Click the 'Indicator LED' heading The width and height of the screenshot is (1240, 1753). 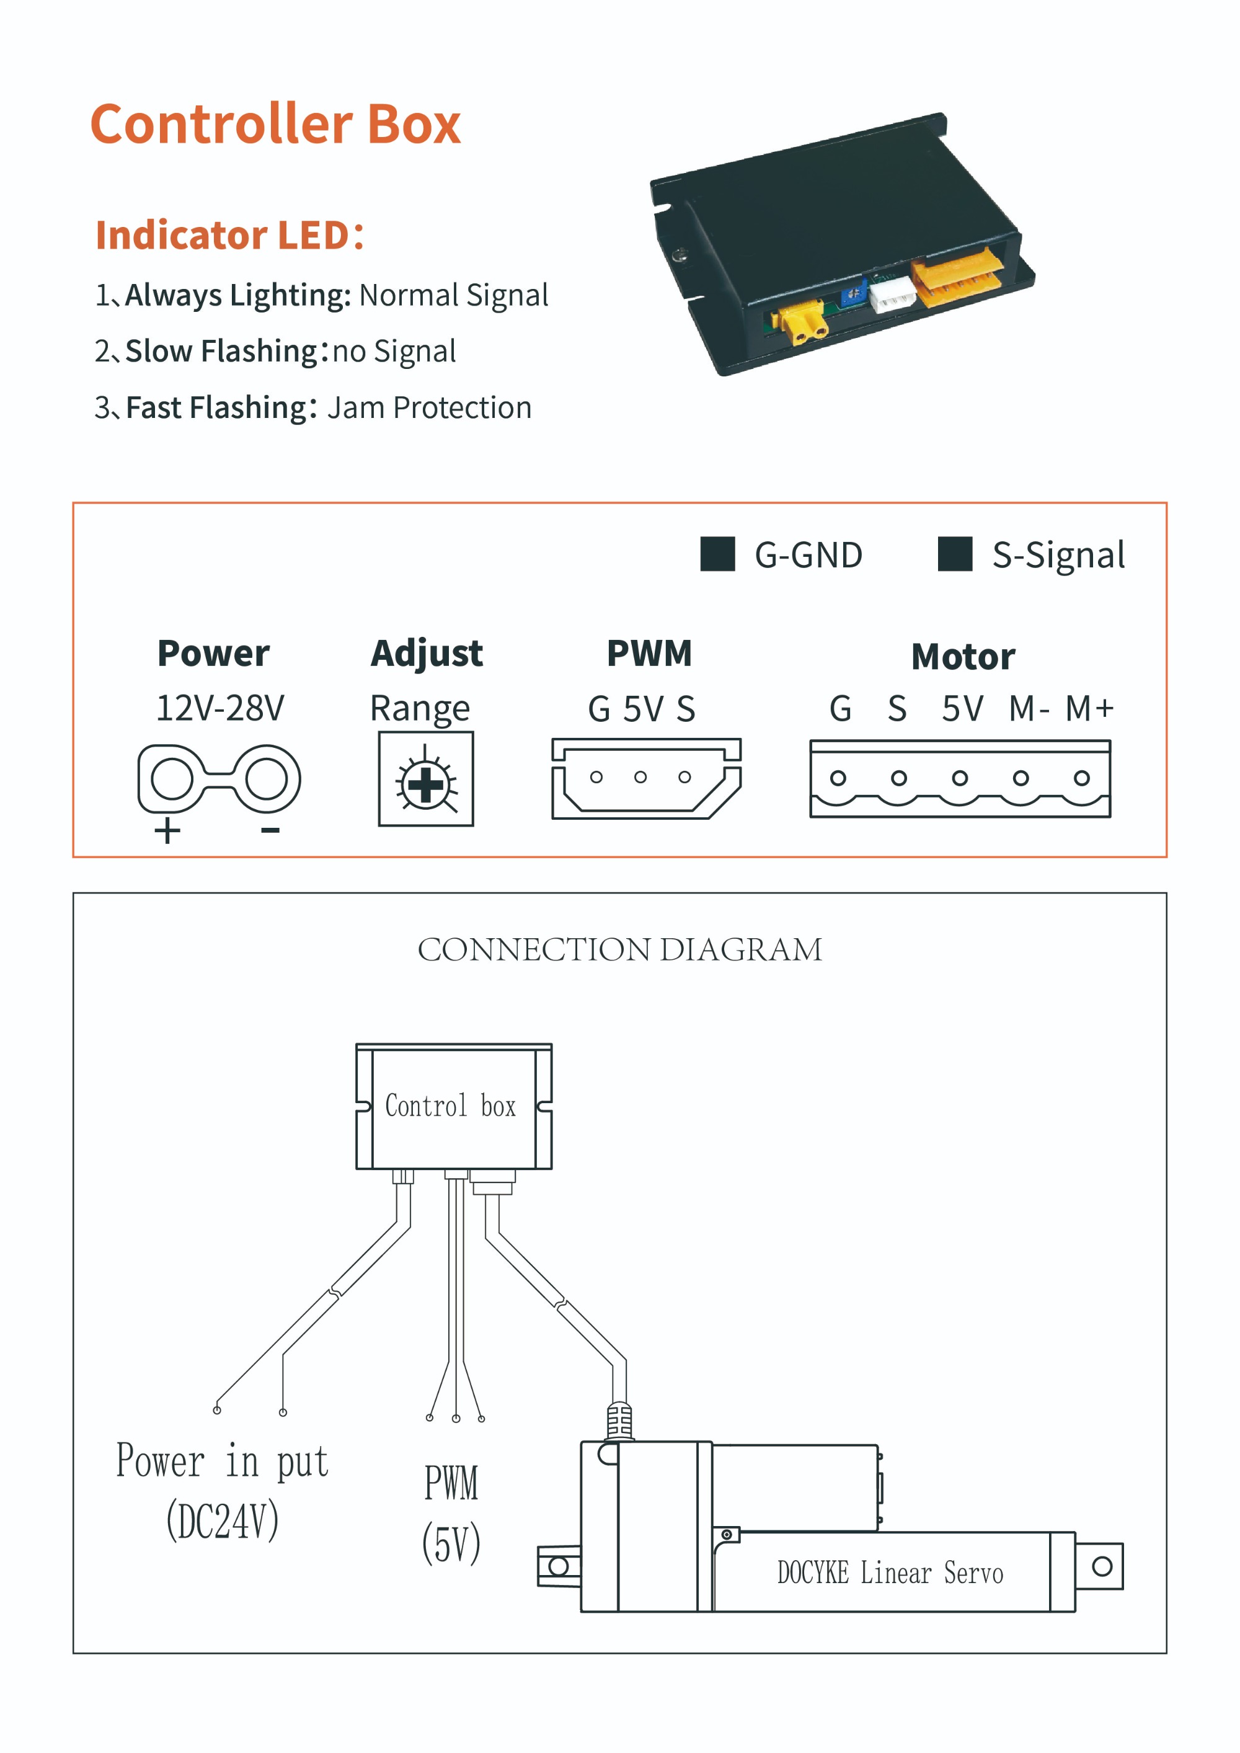point(229,235)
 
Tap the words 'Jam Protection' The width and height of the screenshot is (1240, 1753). point(429,407)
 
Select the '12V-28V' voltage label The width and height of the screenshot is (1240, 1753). point(220,708)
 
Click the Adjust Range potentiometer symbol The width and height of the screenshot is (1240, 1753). point(426,779)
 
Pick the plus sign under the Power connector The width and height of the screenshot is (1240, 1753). point(167,831)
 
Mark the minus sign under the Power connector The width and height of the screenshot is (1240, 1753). point(270,830)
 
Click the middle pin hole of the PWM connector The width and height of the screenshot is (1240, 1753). point(640,776)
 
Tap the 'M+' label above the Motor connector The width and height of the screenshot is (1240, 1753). point(1089,709)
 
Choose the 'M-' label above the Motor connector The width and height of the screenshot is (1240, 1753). point(1029,709)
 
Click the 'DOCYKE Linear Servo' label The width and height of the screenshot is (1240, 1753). point(890,1574)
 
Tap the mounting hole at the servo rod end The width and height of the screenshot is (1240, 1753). point(1102,1566)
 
